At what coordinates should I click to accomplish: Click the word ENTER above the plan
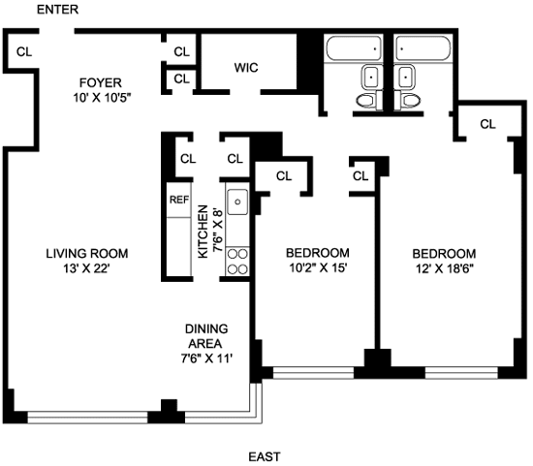[x=57, y=10]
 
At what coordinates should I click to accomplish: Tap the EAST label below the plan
[x=265, y=456]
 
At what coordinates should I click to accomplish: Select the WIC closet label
[x=246, y=68]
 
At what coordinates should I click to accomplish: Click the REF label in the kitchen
[x=179, y=200]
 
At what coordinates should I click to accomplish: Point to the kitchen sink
[x=237, y=202]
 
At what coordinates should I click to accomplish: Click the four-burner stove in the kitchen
[x=237, y=262]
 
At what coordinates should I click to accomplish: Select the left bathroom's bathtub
[x=354, y=48]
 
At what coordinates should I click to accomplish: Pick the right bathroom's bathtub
[x=423, y=48]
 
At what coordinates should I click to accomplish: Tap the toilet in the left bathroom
[x=367, y=101]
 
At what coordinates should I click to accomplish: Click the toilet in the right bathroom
[x=408, y=101]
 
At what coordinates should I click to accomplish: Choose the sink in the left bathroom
[x=371, y=77]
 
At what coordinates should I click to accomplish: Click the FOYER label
[x=100, y=82]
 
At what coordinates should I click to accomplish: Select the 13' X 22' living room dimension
[x=86, y=269]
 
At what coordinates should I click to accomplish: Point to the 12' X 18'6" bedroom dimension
[x=445, y=269]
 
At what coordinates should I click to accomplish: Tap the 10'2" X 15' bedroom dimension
[x=318, y=268]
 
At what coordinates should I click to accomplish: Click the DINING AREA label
[x=206, y=336]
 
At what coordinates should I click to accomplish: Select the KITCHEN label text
[x=203, y=232]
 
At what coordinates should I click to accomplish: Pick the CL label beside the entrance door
[x=24, y=52]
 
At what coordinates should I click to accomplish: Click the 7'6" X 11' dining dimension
[x=206, y=358]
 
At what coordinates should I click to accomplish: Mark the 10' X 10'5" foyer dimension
[x=102, y=98]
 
